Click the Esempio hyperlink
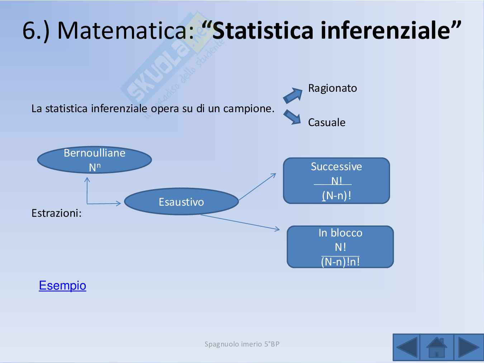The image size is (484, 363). (x=62, y=285)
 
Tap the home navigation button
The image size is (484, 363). (x=437, y=348)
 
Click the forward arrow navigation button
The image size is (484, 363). (x=469, y=348)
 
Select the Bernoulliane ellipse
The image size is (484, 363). (x=95, y=160)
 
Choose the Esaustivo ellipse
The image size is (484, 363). (x=181, y=201)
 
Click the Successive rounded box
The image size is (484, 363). (x=337, y=181)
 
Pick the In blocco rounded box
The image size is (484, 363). (x=340, y=247)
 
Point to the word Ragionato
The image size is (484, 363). (x=332, y=88)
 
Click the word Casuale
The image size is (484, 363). (x=327, y=122)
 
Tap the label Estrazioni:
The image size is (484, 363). (x=56, y=213)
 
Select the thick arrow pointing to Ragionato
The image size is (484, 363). (x=293, y=95)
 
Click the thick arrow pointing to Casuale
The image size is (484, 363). (x=292, y=117)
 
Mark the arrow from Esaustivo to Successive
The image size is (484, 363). (x=257, y=186)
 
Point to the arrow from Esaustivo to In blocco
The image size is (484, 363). (x=240, y=223)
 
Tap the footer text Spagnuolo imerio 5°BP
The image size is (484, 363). (x=242, y=344)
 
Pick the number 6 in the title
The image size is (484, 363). (x=29, y=30)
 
